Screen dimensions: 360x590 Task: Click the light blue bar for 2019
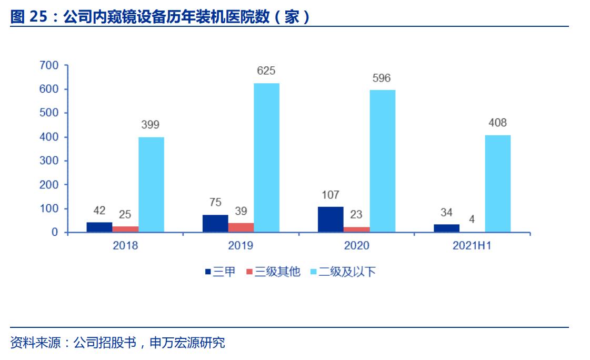point(266,158)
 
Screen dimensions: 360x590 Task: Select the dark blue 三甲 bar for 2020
point(331,219)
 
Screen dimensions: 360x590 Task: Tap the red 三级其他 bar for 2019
point(241,227)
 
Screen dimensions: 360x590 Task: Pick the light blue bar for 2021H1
point(497,184)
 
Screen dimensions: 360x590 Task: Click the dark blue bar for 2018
point(99,227)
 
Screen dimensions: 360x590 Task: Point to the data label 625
point(266,71)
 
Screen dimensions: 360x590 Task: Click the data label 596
point(382,78)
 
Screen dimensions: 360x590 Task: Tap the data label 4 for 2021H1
point(472,219)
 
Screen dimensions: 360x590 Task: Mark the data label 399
point(151,125)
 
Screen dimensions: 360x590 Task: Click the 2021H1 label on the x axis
point(472,246)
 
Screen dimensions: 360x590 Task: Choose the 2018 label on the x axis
point(125,246)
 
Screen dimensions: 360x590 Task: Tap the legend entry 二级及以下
point(343,272)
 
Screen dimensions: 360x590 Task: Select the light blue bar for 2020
point(382,161)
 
